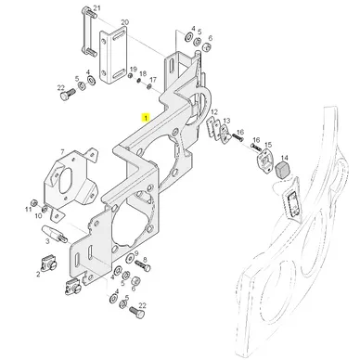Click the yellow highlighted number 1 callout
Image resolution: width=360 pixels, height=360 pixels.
(145, 118)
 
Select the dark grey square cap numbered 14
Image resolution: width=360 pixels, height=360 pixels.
(282, 170)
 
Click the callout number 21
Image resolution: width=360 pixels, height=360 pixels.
(97, 7)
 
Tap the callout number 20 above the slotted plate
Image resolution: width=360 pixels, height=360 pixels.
(125, 22)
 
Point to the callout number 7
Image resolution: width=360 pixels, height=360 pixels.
(62, 152)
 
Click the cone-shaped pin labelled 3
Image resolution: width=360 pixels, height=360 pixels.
(55, 233)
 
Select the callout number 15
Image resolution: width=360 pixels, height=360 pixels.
(268, 145)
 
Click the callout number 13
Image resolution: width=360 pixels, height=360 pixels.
(226, 121)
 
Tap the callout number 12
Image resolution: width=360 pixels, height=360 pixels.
(214, 111)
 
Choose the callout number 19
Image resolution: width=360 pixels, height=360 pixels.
(133, 69)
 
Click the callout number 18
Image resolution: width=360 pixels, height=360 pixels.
(143, 73)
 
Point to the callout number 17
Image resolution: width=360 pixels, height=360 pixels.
(153, 80)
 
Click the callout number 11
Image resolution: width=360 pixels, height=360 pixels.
(29, 210)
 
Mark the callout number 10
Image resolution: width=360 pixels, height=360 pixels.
(38, 215)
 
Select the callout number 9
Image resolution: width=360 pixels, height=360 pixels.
(136, 252)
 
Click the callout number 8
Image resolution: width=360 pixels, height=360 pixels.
(145, 260)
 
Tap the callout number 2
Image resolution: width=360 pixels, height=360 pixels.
(38, 274)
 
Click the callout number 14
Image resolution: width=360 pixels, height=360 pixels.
(284, 158)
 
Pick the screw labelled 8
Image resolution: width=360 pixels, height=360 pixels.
(143, 266)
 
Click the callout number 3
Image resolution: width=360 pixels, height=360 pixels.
(47, 241)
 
